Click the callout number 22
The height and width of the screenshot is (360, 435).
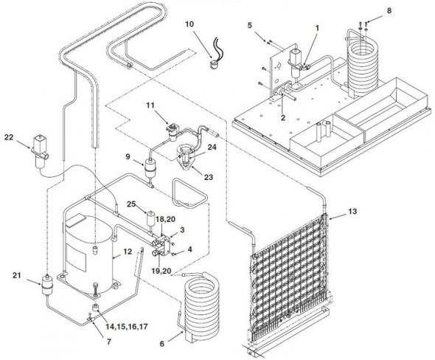pyautogui.click(x=9, y=136)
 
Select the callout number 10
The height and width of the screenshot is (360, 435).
pyautogui.click(x=189, y=24)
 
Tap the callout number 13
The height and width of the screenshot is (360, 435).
pyautogui.click(x=352, y=212)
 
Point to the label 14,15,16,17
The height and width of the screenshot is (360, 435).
pyautogui.click(x=127, y=326)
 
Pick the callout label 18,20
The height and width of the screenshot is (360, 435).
pyautogui.click(x=165, y=219)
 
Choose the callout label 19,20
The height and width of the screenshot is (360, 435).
pyautogui.click(x=161, y=271)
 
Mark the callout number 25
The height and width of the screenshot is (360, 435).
pyautogui.click(x=131, y=204)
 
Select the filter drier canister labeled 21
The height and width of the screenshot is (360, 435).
pyautogui.click(x=46, y=285)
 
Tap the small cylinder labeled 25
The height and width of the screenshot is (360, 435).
pyautogui.click(x=151, y=219)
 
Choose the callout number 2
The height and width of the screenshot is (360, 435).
pyautogui.click(x=283, y=117)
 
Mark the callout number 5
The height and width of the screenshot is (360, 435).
pyautogui.click(x=250, y=25)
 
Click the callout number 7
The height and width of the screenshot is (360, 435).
pyautogui.click(x=109, y=342)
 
